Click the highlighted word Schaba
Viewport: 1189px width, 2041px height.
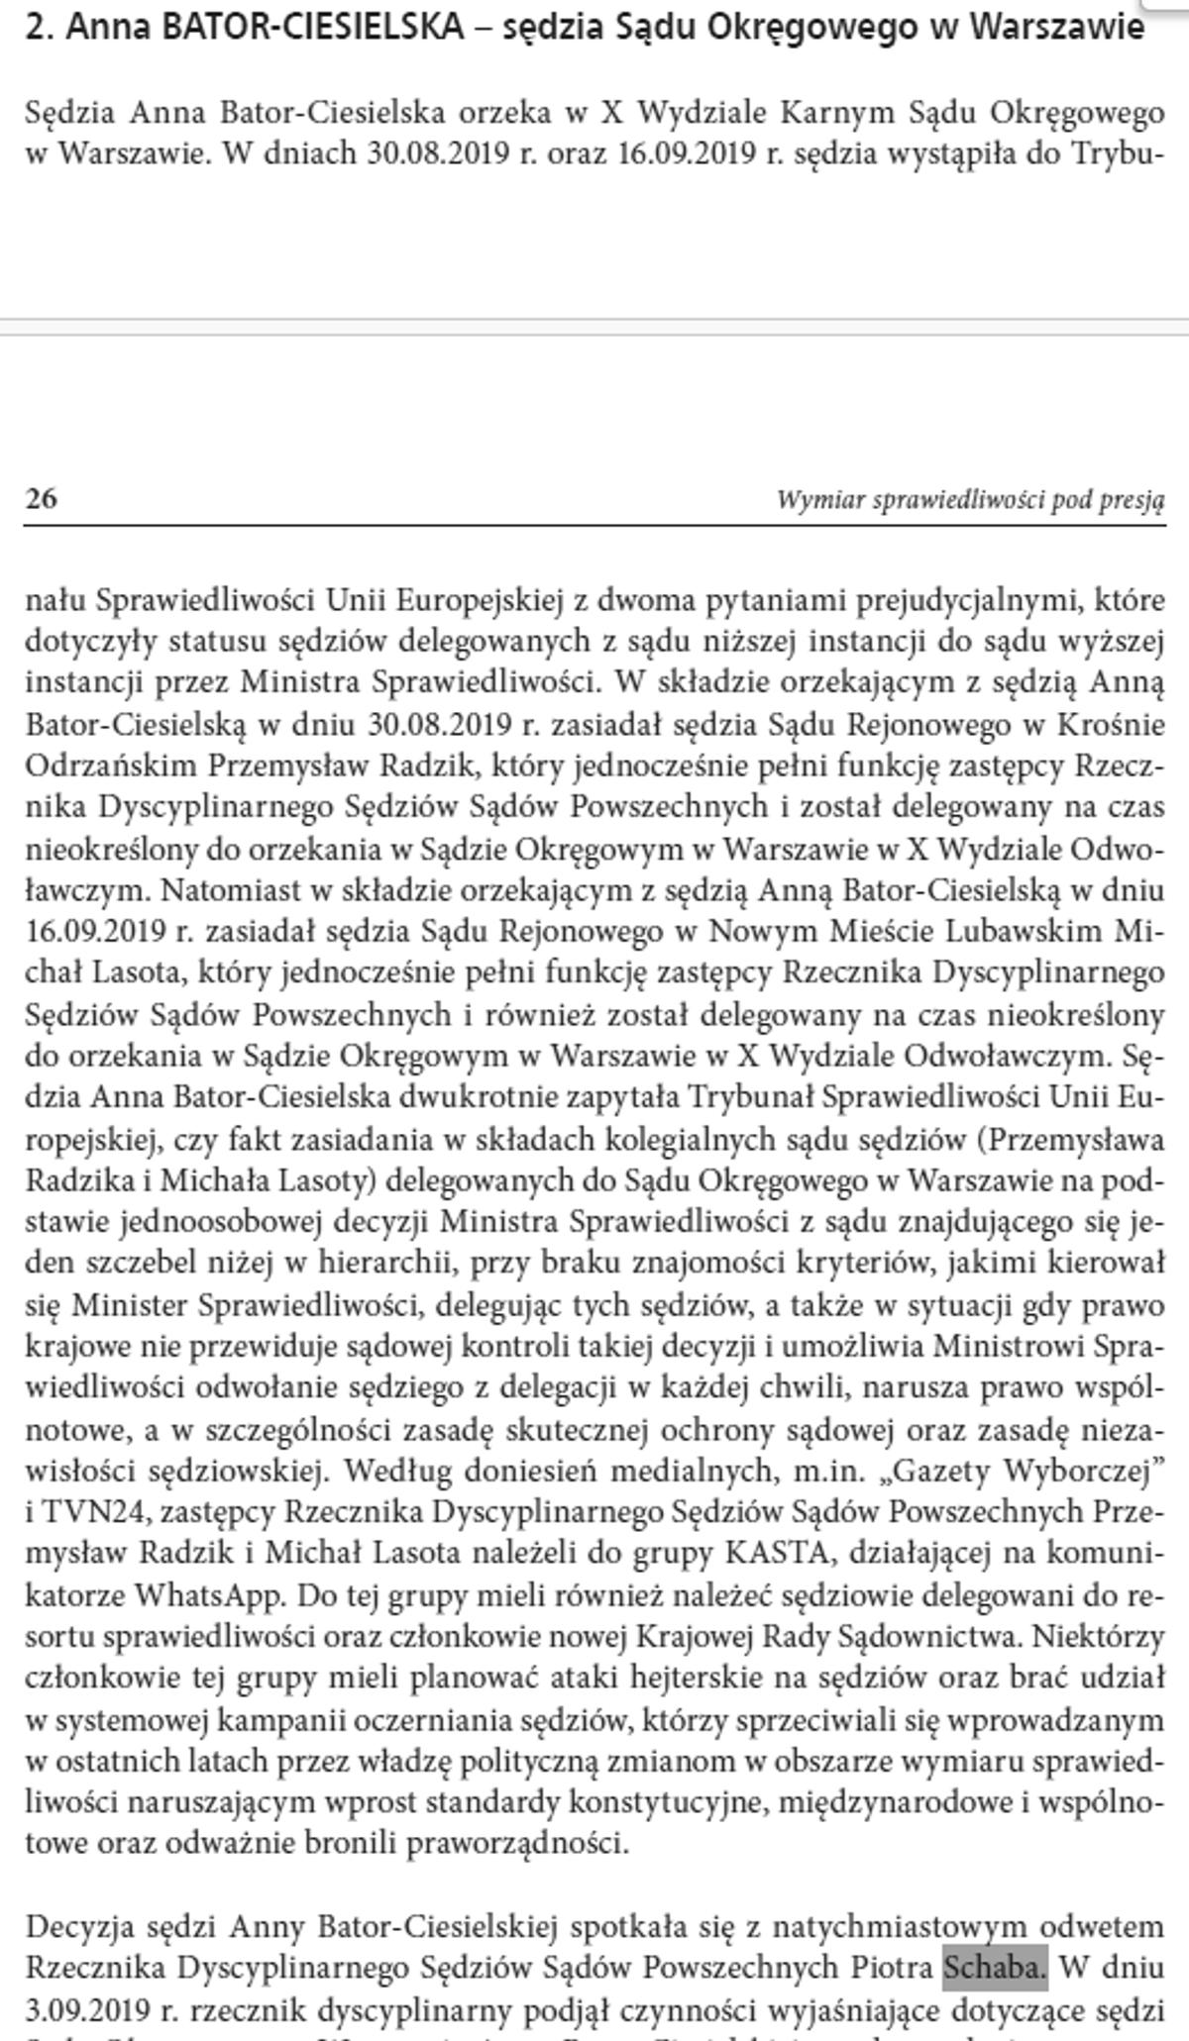coord(994,1969)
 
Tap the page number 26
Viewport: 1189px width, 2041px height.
coord(41,498)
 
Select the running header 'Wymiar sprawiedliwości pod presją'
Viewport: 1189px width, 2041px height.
coord(970,500)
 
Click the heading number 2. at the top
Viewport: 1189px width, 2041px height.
coord(39,28)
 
